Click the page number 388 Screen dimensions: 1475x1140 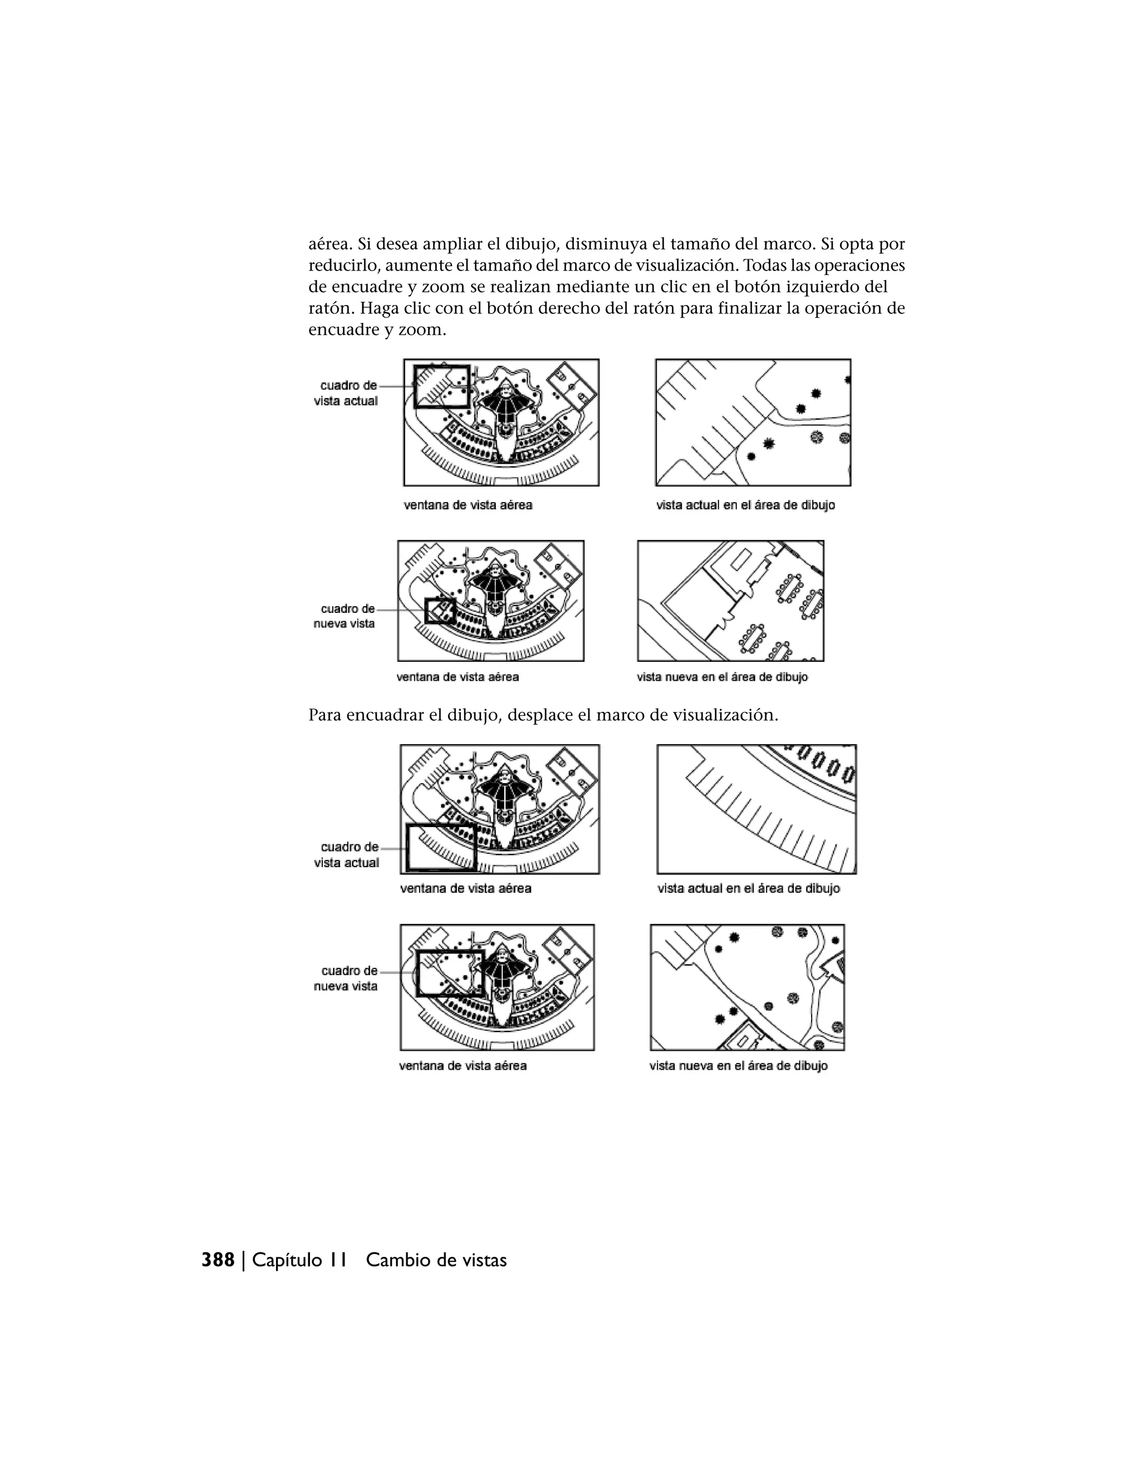click(218, 1260)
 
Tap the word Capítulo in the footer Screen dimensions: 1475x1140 click(287, 1260)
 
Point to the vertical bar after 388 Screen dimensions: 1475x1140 click(243, 1260)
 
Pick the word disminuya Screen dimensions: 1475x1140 click(606, 244)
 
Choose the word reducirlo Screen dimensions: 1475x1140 click(342, 265)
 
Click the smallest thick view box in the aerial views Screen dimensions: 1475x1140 click(440, 611)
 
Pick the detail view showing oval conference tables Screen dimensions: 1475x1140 click(731, 601)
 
